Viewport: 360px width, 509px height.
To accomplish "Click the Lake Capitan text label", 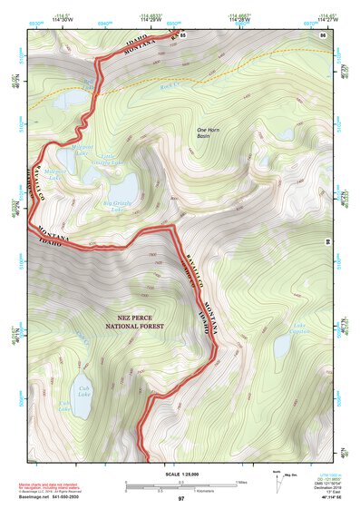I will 299,328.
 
